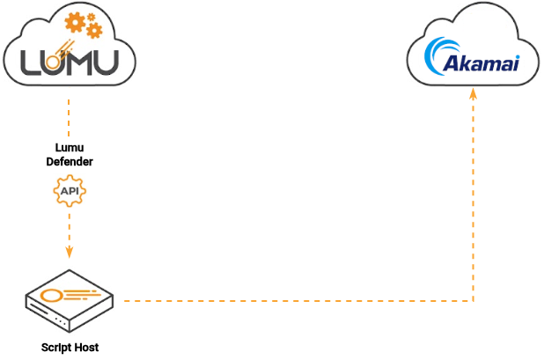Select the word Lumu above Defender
[x=69, y=147]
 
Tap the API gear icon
[x=70, y=190]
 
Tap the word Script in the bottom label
[x=56, y=348]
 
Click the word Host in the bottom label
[x=86, y=348]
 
